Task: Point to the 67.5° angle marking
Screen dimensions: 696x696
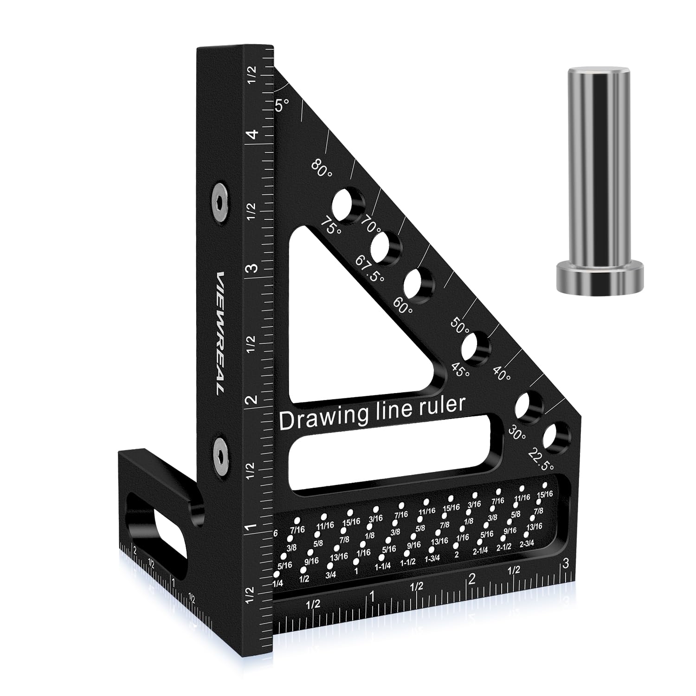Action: (x=369, y=269)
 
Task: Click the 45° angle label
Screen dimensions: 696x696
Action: (x=460, y=369)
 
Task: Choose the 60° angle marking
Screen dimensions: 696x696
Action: (x=402, y=304)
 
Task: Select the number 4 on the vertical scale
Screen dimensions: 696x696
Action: (x=252, y=135)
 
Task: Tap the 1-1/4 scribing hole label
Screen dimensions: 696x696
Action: (x=383, y=566)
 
